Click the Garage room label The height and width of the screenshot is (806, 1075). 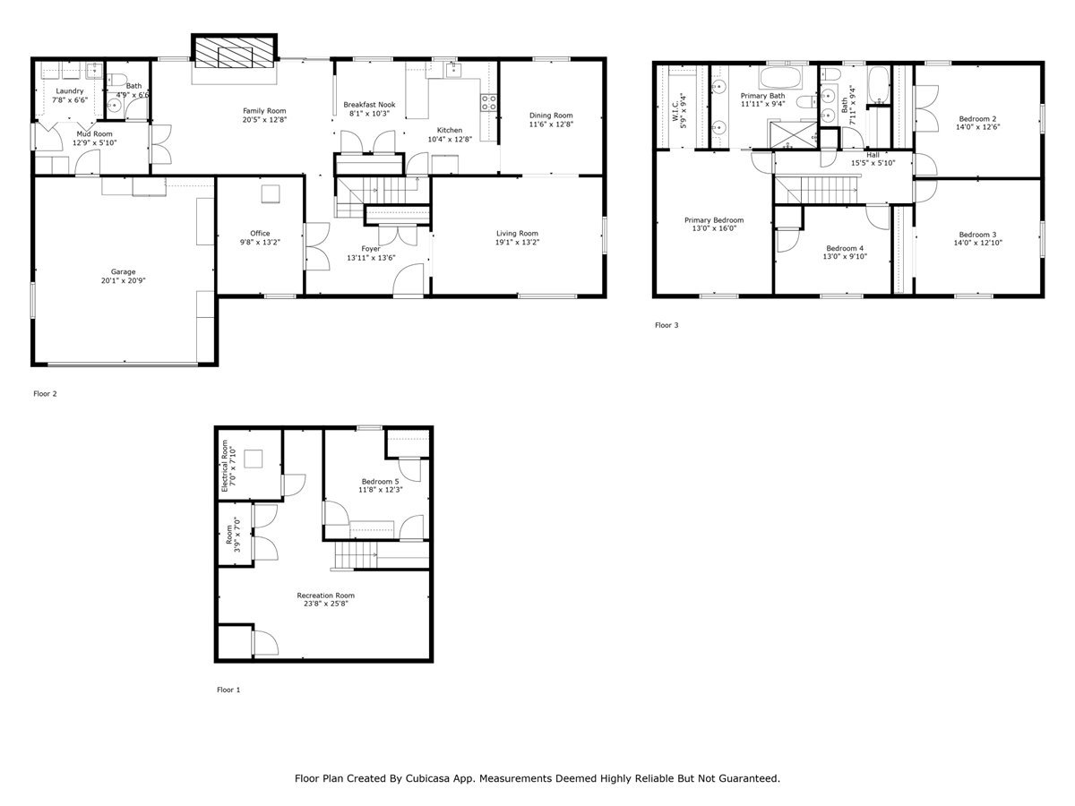coord(124,271)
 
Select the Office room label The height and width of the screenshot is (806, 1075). coord(260,234)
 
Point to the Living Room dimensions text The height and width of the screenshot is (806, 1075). coord(517,243)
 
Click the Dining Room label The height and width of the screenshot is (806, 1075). coord(551,115)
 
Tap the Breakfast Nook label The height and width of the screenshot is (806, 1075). coord(369,105)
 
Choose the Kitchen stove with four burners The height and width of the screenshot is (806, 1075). coord(489,102)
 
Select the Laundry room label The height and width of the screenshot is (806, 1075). coord(70,91)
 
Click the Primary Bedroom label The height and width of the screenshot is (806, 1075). coord(714,219)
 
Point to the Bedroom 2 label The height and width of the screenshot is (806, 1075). coord(977,118)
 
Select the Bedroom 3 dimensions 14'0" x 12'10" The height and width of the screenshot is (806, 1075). coord(977,243)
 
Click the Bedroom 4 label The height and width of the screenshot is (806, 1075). coord(845,248)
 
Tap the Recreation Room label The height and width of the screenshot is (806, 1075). coord(326,596)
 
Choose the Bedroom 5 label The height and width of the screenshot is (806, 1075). coord(380,481)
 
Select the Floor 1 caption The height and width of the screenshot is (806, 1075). coord(229,690)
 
